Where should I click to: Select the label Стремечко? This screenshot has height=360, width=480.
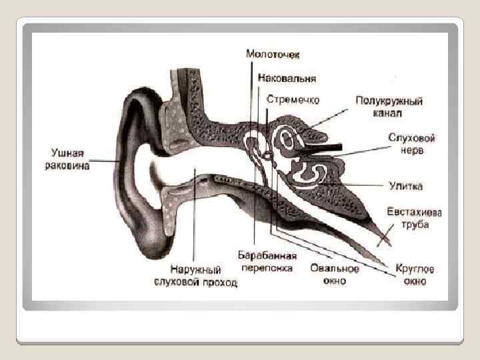[293, 99]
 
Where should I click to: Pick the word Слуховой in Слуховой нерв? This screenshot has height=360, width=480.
[412, 138]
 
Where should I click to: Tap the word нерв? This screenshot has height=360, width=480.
[412, 150]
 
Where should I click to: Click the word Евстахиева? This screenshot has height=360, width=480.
[414, 212]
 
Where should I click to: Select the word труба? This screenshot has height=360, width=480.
[415, 225]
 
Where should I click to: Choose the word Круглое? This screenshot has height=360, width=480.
[415, 269]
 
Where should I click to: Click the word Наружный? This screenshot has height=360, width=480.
[195, 271]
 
